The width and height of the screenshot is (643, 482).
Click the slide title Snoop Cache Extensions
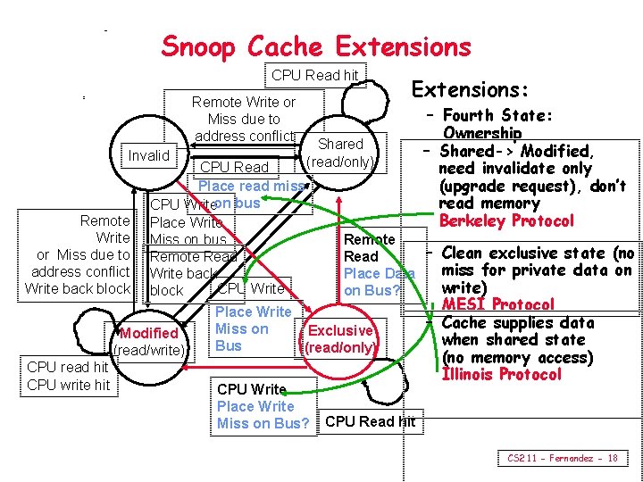pos(315,46)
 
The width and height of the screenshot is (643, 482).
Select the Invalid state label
pos(148,156)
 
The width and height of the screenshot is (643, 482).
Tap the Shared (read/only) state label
pos(340,153)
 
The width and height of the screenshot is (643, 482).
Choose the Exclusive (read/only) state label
pos(340,339)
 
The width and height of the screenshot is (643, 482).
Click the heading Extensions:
pos(470,89)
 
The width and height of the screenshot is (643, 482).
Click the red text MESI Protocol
pos(498,305)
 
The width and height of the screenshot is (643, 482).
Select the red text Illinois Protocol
pos(501,374)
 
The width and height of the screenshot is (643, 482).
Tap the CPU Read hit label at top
pos(314,76)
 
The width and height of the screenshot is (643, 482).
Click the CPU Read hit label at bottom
pos(371,421)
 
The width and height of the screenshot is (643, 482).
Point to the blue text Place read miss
pos(251,186)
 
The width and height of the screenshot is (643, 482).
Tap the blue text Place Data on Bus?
pos(373,282)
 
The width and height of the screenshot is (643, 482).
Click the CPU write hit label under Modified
pos(69,384)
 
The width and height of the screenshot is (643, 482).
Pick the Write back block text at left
pos(78,287)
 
